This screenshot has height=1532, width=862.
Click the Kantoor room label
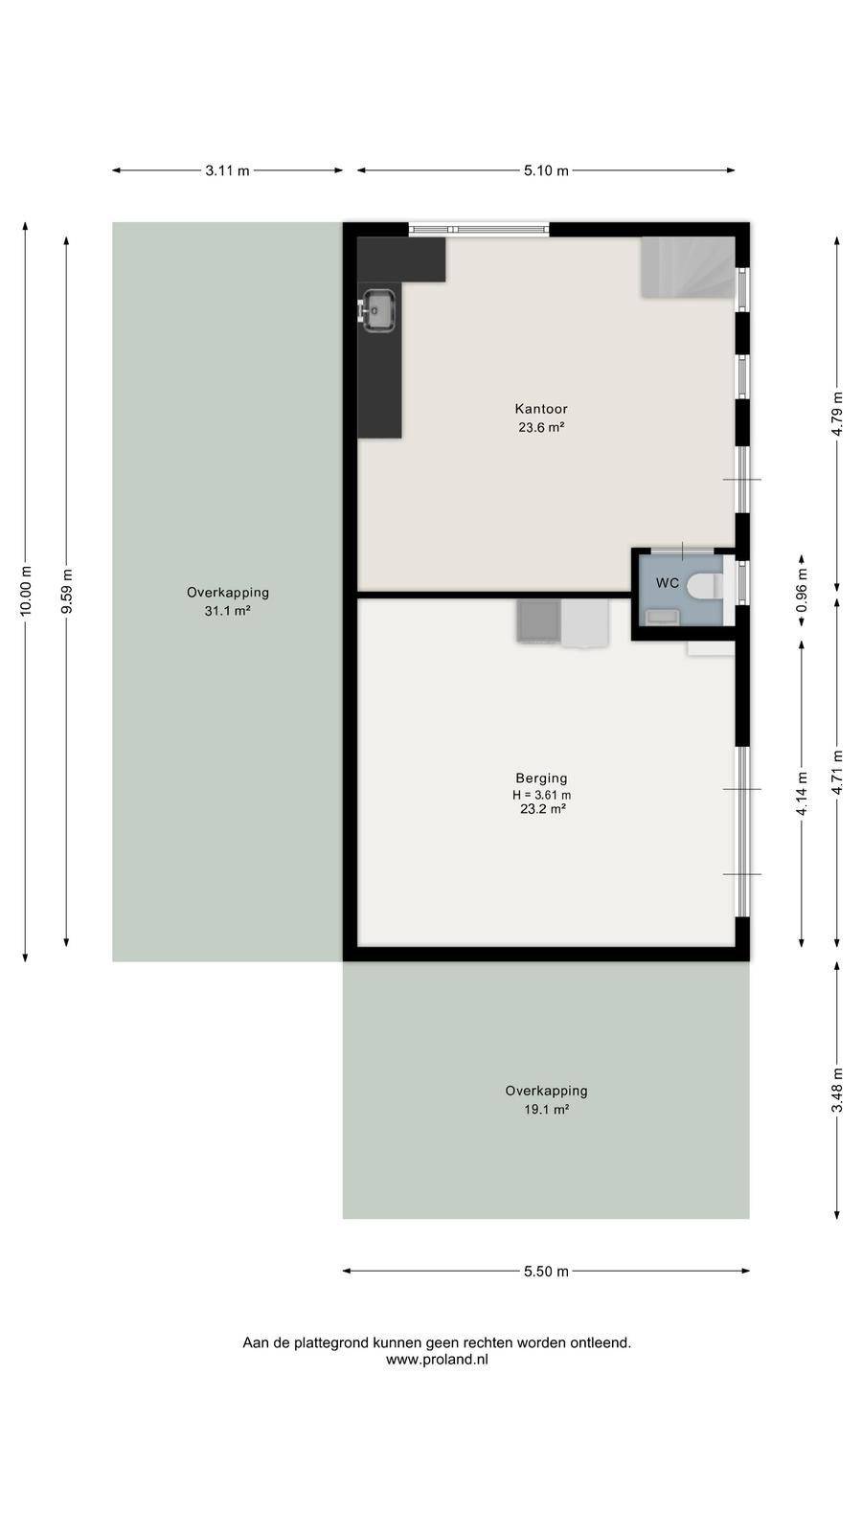click(x=541, y=409)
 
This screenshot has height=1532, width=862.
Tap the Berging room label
click(x=541, y=778)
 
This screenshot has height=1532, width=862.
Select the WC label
click(x=667, y=583)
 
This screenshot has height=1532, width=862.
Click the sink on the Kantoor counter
click(x=378, y=310)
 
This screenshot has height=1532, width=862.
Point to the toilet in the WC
click(x=705, y=586)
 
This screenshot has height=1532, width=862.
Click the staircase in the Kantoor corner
click(x=689, y=267)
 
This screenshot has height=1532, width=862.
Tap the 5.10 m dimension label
click(x=546, y=171)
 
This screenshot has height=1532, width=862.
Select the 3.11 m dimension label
click(x=227, y=171)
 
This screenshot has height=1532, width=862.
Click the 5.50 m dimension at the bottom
click(x=546, y=1272)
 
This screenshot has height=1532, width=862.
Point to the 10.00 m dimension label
click(x=25, y=591)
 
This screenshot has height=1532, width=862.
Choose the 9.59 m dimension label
click(x=66, y=591)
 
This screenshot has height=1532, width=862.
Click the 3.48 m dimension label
click(x=837, y=1090)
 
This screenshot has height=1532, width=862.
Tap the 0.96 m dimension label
click(x=802, y=590)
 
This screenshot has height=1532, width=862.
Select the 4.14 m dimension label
click(x=802, y=794)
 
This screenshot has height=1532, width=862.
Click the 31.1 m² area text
click(x=227, y=611)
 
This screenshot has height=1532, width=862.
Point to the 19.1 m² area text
click(x=546, y=1110)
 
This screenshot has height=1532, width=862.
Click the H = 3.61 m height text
click(x=541, y=795)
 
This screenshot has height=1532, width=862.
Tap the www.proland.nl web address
click(x=437, y=1360)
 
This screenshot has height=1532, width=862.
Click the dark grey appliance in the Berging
click(x=538, y=621)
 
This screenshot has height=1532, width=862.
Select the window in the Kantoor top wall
click(x=479, y=230)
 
